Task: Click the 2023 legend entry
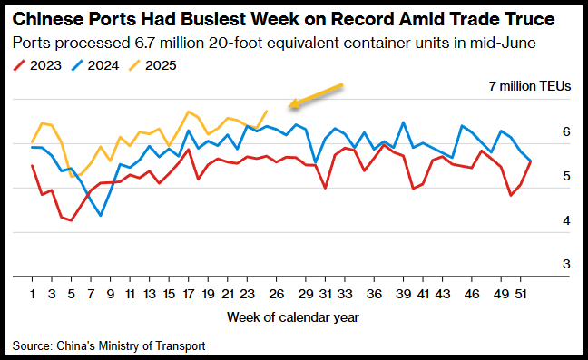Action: coord(37,65)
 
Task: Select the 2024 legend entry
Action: coord(95,65)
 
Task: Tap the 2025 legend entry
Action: coord(152,65)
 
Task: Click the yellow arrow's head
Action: coord(293,103)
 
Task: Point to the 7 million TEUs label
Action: coord(530,86)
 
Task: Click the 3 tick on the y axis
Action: coord(566,264)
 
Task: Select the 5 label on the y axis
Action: coord(566,176)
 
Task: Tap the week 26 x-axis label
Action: coord(277,294)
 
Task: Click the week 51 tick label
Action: coord(521,294)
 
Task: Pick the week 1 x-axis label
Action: coord(33,294)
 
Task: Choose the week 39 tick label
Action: coord(403,294)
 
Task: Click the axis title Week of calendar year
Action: coord(293,317)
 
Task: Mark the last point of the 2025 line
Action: coord(267,111)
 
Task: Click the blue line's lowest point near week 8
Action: coord(101,216)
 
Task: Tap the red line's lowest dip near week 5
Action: coord(72,220)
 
